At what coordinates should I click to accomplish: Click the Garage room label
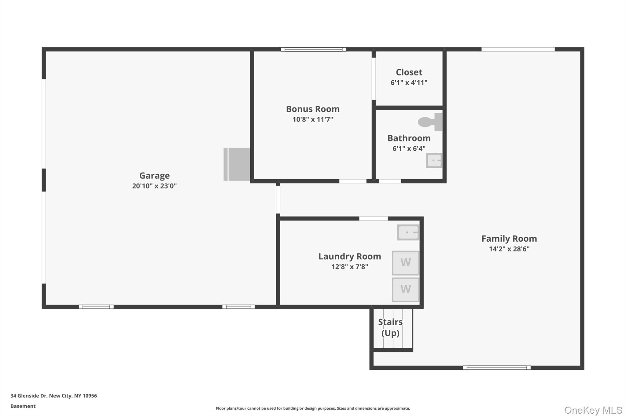pos(154,176)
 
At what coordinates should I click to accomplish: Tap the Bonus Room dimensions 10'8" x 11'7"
pos(313,119)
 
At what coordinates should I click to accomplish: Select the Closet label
pos(409,72)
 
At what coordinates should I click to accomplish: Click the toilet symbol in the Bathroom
pos(430,122)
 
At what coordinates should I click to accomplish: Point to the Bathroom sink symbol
pos(434,160)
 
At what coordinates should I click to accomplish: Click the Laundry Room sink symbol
pos(408,232)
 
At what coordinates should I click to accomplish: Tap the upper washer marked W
pos(406,263)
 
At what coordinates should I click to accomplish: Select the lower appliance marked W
pos(406,289)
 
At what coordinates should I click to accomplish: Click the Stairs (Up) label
pos(390,327)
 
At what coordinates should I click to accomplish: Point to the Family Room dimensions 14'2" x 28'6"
pos(509,249)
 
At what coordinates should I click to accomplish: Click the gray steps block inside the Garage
pos(237,164)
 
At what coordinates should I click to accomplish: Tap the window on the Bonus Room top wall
pos(314,49)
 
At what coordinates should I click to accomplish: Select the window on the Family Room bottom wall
pos(497,368)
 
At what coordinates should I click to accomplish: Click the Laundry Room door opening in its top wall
pos(374,218)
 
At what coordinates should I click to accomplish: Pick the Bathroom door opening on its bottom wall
pos(390,181)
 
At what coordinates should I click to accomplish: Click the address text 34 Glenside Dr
pos(28,396)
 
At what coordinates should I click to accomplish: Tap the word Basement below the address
pos(23,406)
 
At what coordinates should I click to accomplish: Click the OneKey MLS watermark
pos(593,410)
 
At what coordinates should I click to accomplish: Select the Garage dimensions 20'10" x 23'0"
pos(154,186)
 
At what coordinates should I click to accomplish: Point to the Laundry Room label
pos(350,257)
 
